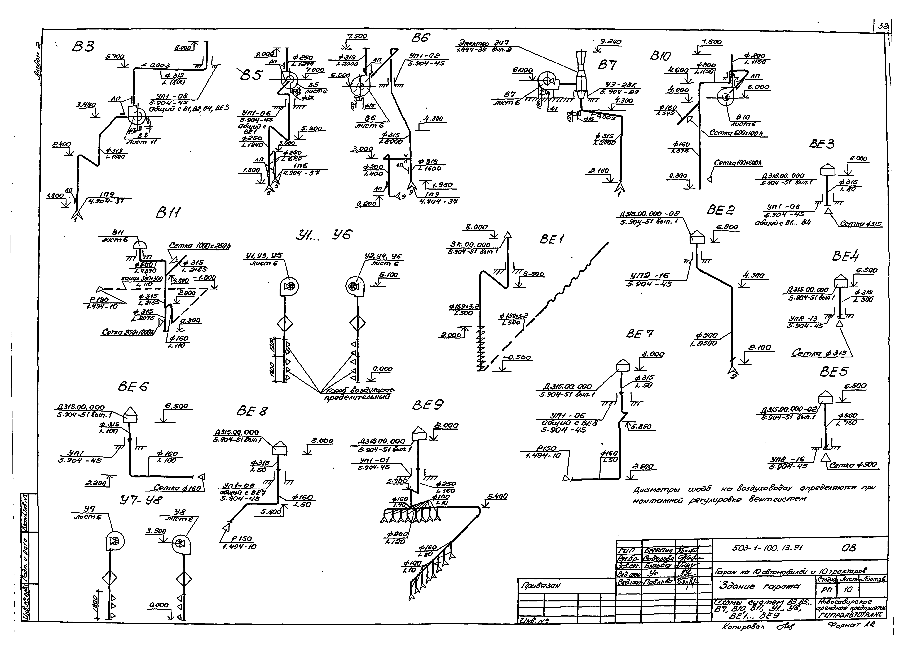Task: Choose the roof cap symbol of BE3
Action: point(827,170)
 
